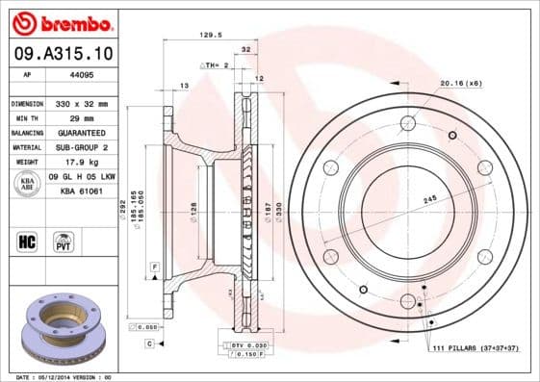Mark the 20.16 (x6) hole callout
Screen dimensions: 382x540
(459, 84)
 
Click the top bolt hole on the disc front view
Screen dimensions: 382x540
(407, 122)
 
